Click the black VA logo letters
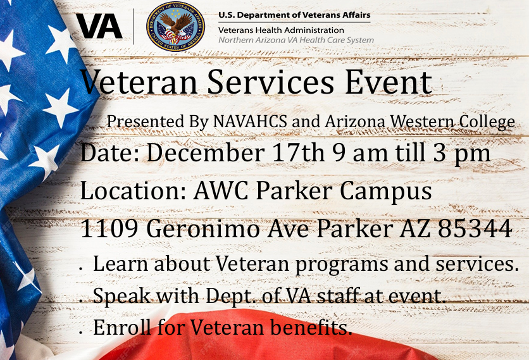tap(99, 27)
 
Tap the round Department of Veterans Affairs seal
tap(175, 27)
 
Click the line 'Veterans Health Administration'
tap(281, 30)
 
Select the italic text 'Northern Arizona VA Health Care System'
tap(296, 40)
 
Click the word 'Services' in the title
tap(271, 82)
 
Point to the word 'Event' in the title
tap(389, 82)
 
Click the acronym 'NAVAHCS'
tap(250, 121)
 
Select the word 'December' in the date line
tap(206, 153)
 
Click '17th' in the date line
tap(299, 153)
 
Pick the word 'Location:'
tap(134, 191)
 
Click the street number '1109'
tap(109, 229)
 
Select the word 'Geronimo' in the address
tap(203, 229)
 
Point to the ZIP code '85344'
tap(475, 229)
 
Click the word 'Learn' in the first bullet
tap(121, 263)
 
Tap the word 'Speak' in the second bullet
tap(121, 296)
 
